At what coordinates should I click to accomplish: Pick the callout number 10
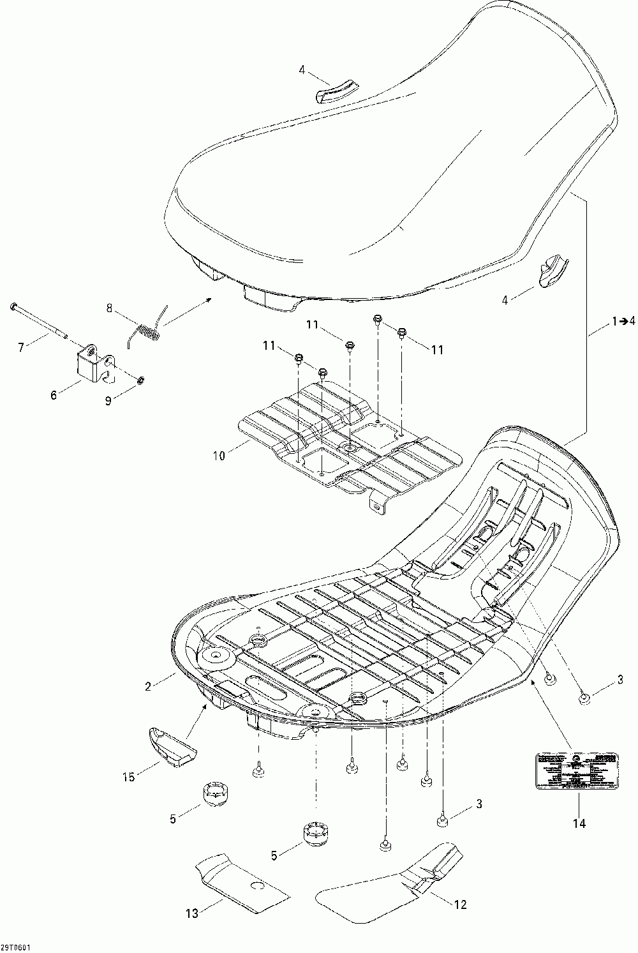[x=219, y=456]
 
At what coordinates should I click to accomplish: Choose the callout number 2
[x=149, y=686]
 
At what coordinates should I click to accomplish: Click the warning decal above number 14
[x=576, y=770]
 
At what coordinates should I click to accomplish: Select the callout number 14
[x=579, y=823]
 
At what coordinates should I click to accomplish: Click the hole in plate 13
[x=257, y=886]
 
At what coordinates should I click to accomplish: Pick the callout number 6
[x=54, y=395]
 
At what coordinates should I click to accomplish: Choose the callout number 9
[x=108, y=401]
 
